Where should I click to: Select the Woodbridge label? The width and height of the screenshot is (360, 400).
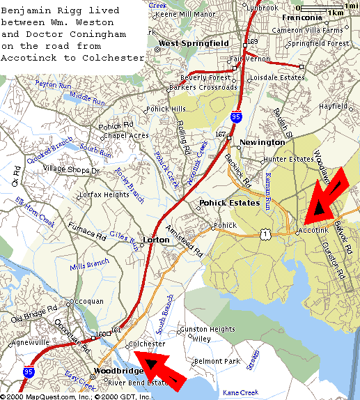[x=100, y=369]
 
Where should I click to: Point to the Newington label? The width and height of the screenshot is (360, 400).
[x=263, y=142]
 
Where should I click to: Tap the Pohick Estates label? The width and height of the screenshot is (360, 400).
[x=229, y=203]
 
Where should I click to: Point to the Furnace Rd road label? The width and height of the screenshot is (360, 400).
[x=87, y=231]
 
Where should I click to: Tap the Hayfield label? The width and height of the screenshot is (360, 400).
[x=332, y=107]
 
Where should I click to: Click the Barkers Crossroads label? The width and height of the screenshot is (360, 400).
[x=201, y=88]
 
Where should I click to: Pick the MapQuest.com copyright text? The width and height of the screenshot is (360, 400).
[x=38, y=396]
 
